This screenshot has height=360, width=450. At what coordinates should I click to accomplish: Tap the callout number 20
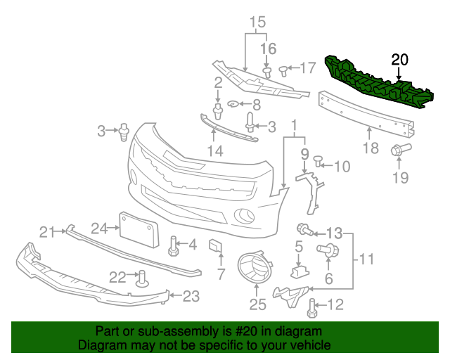pos(399,60)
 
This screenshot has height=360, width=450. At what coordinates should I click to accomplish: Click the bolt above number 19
pos(406,149)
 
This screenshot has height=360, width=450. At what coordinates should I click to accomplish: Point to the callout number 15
pos(257,22)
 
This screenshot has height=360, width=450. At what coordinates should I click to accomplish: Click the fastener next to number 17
pos(283,70)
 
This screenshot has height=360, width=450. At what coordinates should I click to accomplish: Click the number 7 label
pos(220,272)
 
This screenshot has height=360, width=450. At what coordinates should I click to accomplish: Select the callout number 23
pos(191,297)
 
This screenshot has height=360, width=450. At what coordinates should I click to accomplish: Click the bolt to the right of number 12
pos(313,304)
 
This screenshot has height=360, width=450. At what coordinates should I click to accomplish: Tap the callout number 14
pos(214,151)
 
